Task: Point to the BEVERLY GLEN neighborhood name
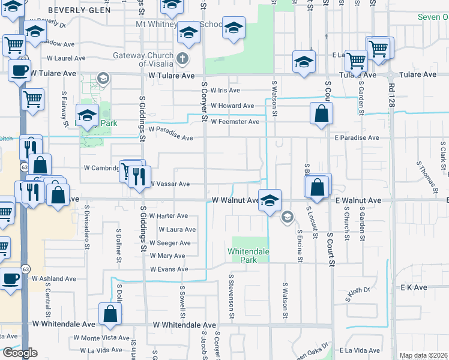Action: pos(79,10)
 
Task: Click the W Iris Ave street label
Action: pos(224,90)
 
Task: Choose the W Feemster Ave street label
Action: pos(235,122)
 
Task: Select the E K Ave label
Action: pos(414,287)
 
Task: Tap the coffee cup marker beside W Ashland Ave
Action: pos(11,279)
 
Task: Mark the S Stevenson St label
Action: pos(231,297)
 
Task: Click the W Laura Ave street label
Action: pos(177,229)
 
